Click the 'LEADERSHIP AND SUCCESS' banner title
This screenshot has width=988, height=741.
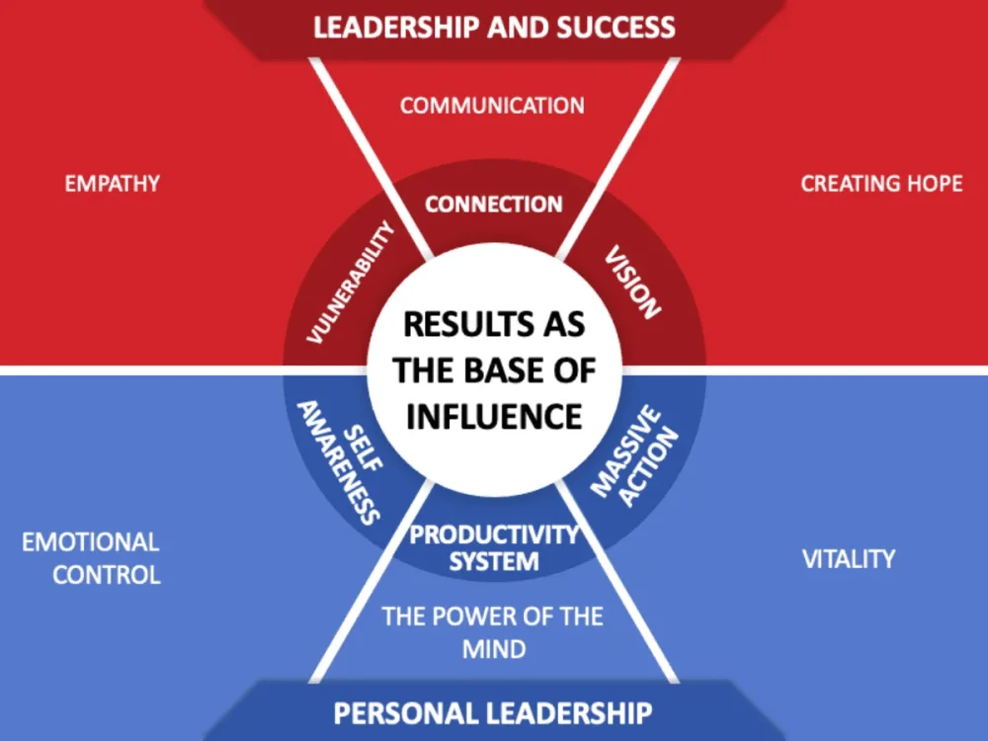[494, 28]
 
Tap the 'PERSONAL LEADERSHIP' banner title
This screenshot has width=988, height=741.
[493, 713]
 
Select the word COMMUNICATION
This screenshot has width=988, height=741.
[492, 106]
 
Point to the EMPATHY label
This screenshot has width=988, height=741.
[113, 184]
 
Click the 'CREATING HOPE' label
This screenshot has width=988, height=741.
[881, 184]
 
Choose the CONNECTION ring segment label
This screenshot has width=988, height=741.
[493, 205]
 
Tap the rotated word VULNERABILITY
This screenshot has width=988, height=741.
[351, 283]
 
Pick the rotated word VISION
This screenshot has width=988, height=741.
[632, 282]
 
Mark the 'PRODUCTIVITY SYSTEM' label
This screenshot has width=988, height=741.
[494, 547]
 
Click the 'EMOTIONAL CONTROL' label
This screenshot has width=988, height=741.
[91, 558]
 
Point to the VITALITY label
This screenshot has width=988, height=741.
[849, 559]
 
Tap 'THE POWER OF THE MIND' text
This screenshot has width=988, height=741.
[493, 632]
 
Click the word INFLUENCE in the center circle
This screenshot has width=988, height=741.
[494, 417]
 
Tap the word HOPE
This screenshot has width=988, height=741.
[935, 184]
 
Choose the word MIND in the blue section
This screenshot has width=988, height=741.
[494, 650]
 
